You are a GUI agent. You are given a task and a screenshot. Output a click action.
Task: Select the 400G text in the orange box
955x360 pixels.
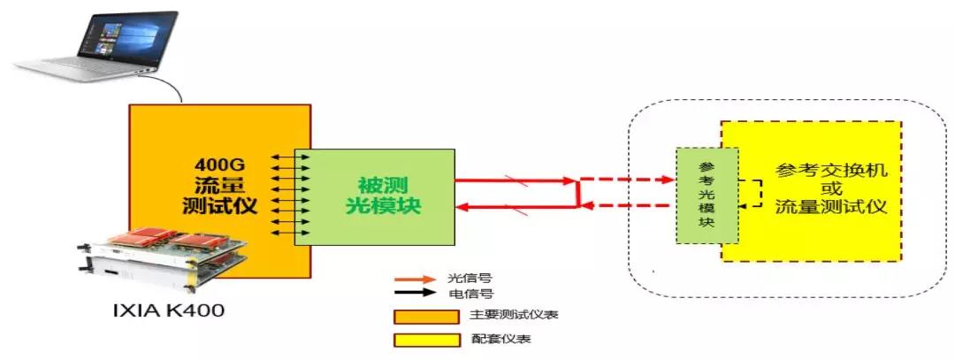click(223, 166)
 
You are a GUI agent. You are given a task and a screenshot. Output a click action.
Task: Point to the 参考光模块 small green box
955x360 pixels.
click(706, 195)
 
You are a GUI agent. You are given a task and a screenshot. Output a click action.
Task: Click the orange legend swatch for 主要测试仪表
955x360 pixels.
click(427, 315)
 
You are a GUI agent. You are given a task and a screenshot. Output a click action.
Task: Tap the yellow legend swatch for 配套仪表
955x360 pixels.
click(427, 339)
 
